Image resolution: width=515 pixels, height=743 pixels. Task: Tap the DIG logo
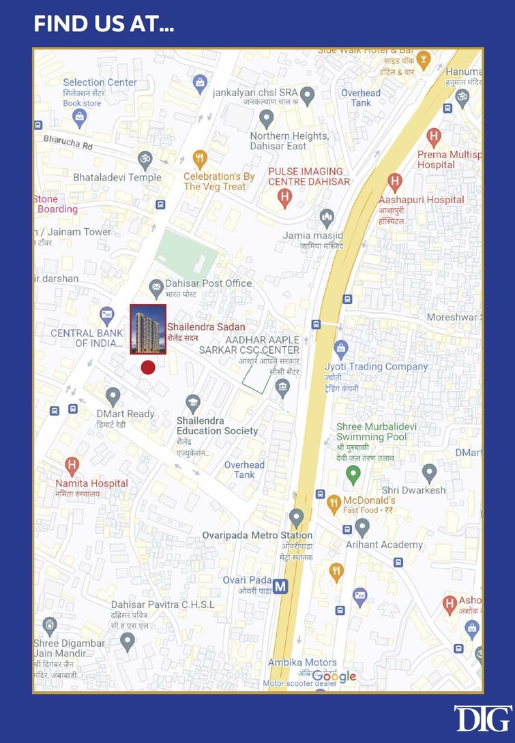pyautogui.click(x=483, y=718)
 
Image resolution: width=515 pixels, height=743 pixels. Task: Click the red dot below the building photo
pyautogui.click(x=148, y=367)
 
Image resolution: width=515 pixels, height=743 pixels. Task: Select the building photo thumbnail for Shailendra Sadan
pyautogui.click(x=148, y=329)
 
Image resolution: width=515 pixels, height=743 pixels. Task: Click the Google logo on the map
pyautogui.click(x=334, y=676)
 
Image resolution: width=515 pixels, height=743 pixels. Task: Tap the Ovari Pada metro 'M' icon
pyautogui.click(x=280, y=586)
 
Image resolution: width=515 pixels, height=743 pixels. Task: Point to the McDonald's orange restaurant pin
pyautogui.click(x=334, y=504)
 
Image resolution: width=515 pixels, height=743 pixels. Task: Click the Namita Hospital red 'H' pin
pyautogui.click(x=72, y=466)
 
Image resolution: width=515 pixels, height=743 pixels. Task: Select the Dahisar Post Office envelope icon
pyautogui.click(x=156, y=287)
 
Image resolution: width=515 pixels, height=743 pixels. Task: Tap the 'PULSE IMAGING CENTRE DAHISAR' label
pyautogui.click(x=309, y=177)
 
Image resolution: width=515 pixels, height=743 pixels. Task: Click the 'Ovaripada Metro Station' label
pyautogui.click(x=257, y=535)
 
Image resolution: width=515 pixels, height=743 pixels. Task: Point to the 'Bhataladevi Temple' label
pyautogui.click(x=117, y=177)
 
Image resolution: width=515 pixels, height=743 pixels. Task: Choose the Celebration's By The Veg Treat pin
pyautogui.click(x=200, y=160)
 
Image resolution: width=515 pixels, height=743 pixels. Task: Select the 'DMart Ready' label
pyautogui.click(x=126, y=414)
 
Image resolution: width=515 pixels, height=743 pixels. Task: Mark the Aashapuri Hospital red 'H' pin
pyautogui.click(x=394, y=182)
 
